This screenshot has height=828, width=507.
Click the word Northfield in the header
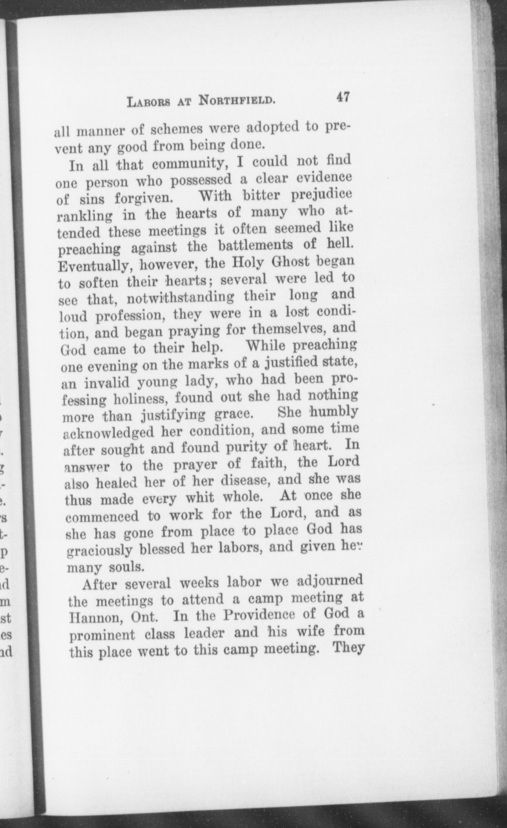[237, 101]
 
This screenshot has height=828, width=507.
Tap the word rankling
[83, 216]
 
